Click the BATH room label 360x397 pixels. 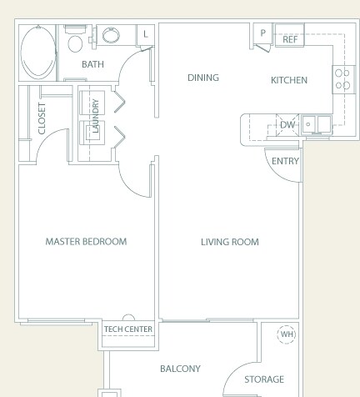pyautogui.click(x=92, y=64)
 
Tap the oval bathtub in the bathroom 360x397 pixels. pyautogui.click(x=38, y=53)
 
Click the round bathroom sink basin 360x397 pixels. pyautogui.click(x=111, y=35)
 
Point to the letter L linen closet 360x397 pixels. pyautogui.click(x=146, y=34)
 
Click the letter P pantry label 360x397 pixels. pyautogui.click(x=262, y=33)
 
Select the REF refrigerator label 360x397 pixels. pyautogui.click(x=290, y=39)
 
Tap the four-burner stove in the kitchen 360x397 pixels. pyautogui.click(x=344, y=79)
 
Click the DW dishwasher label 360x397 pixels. pyautogui.click(x=287, y=125)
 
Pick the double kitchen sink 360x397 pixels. pyautogui.click(x=317, y=125)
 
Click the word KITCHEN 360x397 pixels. pyautogui.click(x=289, y=80)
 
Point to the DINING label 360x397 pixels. pyautogui.click(x=203, y=78)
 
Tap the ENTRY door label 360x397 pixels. pyautogui.click(x=285, y=161)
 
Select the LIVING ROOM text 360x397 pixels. pyautogui.click(x=230, y=242)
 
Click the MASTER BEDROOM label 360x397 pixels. pyautogui.click(x=86, y=241)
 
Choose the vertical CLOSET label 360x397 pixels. pyautogui.click(x=42, y=118)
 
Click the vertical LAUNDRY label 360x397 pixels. pyautogui.click(x=95, y=116)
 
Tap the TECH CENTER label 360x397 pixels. pyautogui.click(x=128, y=329)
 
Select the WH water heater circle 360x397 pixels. pyautogui.click(x=287, y=334)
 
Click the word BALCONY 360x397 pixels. pyautogui.click(x=180, y=369)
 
